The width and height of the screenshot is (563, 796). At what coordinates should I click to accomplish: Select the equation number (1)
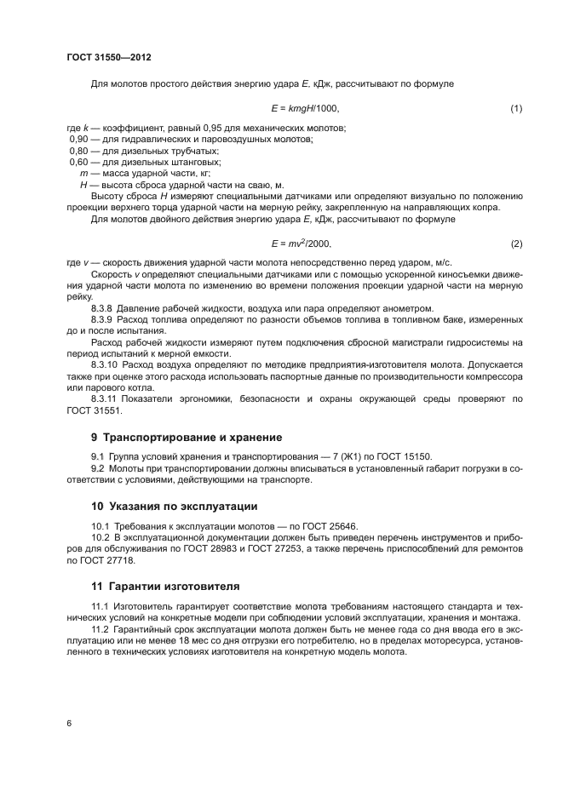[x=515, y=109]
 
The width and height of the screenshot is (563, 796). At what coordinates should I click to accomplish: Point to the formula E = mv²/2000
[x=302, y=243]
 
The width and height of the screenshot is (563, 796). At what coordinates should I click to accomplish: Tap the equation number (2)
[x=515, y=244]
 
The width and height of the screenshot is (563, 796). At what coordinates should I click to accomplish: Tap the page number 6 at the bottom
[x=69, y=723]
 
